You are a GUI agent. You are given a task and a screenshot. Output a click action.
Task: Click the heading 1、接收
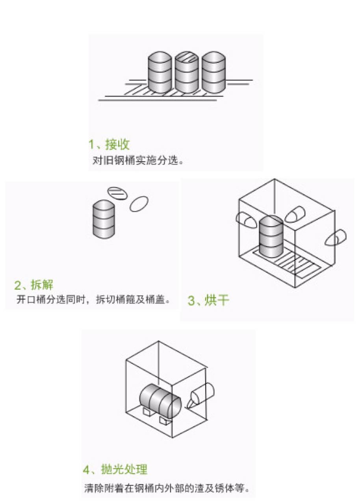pos(109,145)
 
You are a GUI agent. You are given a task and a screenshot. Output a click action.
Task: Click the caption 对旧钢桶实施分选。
pos(138,161)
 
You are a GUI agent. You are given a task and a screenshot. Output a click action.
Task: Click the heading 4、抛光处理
pos(115,469)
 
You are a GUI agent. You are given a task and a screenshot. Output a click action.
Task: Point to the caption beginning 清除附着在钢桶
pos(167,489)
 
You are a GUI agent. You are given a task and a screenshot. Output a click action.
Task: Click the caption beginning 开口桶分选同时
pos(93,299)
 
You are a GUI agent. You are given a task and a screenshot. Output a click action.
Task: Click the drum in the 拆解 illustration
pos(104,219)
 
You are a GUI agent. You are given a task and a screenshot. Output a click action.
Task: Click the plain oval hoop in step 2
pos(139,204)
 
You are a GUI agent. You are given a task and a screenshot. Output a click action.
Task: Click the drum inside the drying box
pos(271,237)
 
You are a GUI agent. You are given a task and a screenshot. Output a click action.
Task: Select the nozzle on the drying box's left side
pos(245,220)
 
